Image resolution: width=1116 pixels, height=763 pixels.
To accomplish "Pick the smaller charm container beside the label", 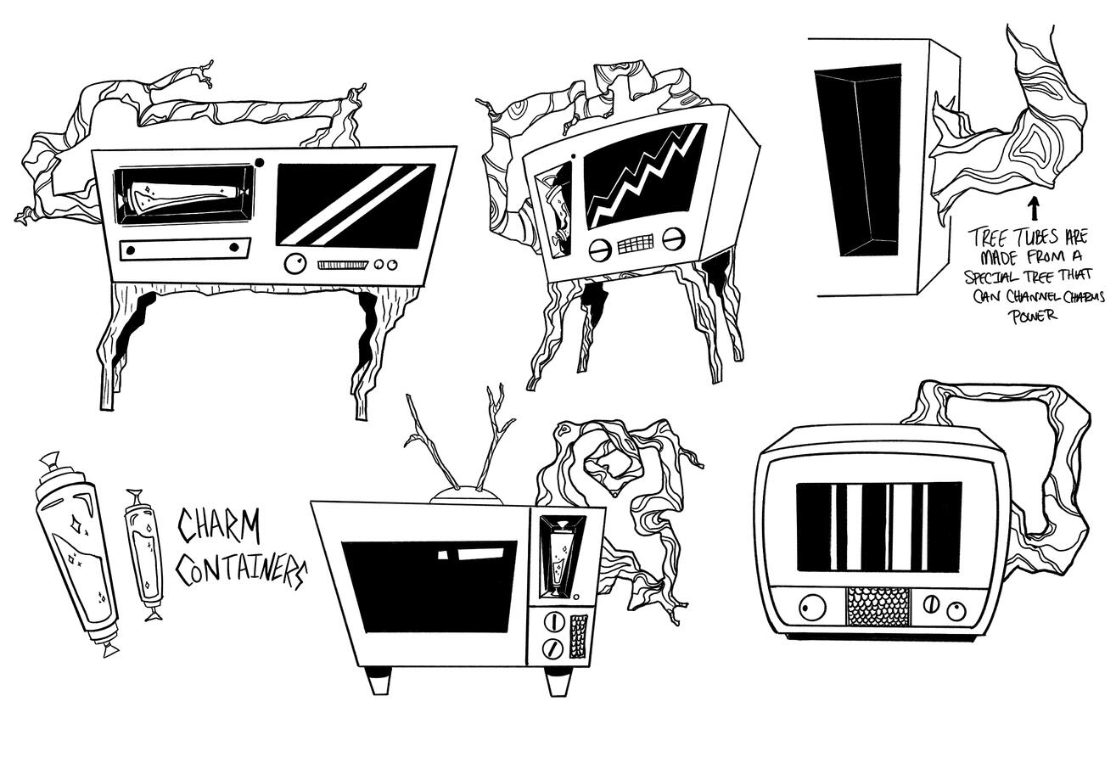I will tap(143, 553).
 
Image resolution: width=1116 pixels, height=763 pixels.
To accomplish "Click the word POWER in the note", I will tap(1033, 317).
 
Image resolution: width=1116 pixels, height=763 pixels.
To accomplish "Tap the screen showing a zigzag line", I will tap(644, 177).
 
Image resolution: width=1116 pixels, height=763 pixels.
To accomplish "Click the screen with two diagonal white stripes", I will tap(356, 205).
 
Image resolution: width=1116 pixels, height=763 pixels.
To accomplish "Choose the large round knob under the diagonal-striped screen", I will tap(295, 264).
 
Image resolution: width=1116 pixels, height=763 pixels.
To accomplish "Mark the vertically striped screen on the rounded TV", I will tap(879, 526).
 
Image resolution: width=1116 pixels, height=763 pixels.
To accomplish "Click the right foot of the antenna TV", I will tap(557, 681).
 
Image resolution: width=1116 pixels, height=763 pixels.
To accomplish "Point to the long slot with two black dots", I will tap(185, 248).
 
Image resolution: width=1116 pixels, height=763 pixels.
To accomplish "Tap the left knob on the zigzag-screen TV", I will tap(599, 250).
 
